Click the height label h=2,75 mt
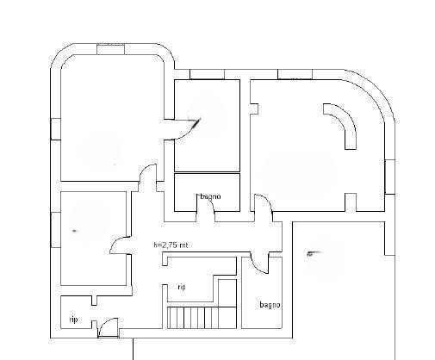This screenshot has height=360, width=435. (x=171, y=245)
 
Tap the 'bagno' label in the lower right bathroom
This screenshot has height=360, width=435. (x=270, y=305)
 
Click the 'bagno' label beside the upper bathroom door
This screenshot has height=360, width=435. (x=210, y=196)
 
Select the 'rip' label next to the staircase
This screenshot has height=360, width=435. (x=182, y=287)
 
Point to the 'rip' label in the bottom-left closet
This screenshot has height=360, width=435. (x=73, y=320)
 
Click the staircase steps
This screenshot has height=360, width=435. (x=202, y=318)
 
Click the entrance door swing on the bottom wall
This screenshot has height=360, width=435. (x=109, y=327)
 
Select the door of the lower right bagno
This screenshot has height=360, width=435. (x=259, y=263)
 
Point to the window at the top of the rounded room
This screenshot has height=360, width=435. (x=110, y=49)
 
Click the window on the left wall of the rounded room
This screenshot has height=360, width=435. (x=56, y=129)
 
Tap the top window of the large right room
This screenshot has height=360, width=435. (x=295, y=74)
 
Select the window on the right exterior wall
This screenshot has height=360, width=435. (x=390, y=177)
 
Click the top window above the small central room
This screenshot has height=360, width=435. (x=207, y=74)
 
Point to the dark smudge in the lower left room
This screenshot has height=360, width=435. (x=75, y=231)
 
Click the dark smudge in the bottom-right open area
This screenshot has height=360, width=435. (x=314, y=253)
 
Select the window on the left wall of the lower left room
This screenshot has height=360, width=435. (x=56, y=230)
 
